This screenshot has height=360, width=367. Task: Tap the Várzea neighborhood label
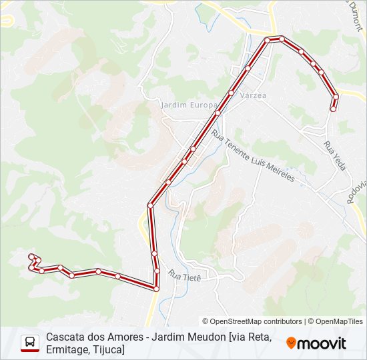(x=253, y=95)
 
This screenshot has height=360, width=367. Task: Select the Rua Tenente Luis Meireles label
(x=253, y=156)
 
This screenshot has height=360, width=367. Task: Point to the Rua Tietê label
(x=185, y=275)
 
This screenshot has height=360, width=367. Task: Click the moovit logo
(x=316, y=343)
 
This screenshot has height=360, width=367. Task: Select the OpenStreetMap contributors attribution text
(x=252, y=321)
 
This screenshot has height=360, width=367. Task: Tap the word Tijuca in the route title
(x=106, y=349)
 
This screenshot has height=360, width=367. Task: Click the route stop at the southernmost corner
(x=156, y=288)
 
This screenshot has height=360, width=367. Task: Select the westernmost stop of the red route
(x=29, y=267)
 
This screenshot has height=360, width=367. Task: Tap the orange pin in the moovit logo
(x=291, y=343)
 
